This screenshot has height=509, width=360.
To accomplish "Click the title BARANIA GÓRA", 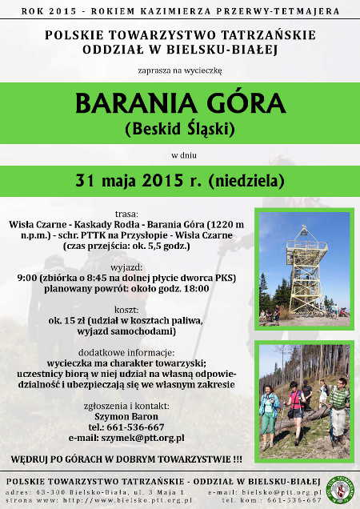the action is click(180, 103).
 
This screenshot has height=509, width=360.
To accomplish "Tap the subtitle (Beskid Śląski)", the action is click(180, 129).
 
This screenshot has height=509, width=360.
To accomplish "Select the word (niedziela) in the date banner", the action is click(246, 181).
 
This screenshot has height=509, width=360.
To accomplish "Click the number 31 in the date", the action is click(85, 180).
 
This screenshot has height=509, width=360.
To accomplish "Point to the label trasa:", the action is click(126, 214).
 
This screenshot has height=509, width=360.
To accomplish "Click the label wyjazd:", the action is click(126, 268).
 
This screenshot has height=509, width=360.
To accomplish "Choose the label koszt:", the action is click(126, 310).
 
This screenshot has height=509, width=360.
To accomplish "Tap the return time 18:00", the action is click(196, 289).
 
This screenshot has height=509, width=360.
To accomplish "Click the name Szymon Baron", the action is click(126, 416).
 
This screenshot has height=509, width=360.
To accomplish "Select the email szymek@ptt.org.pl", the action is click(143, 438).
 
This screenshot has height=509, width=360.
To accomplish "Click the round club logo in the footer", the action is click(341, 490).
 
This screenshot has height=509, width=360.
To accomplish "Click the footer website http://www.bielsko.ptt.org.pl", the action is click(127, 500).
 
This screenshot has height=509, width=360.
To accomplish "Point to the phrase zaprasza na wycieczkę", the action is click(180, 70).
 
